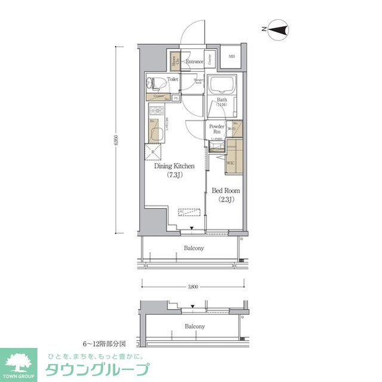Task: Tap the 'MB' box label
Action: pyautogui.click(x=231, y=57)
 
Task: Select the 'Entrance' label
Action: pyautogui.click(x=194, y=61)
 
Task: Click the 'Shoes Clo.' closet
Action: pyautogui.click(x=174, y=60)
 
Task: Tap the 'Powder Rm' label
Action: pyautogui.click(x=215, y=129)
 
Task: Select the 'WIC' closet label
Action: pyautogui.click(x=230, y=161)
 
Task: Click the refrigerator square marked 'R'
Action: pyautogui.click(x=154, y=152)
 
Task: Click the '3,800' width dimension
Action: pyautogui.click(x=193, y=287)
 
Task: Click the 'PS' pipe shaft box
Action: pyautogui.click(x=175, y=98)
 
